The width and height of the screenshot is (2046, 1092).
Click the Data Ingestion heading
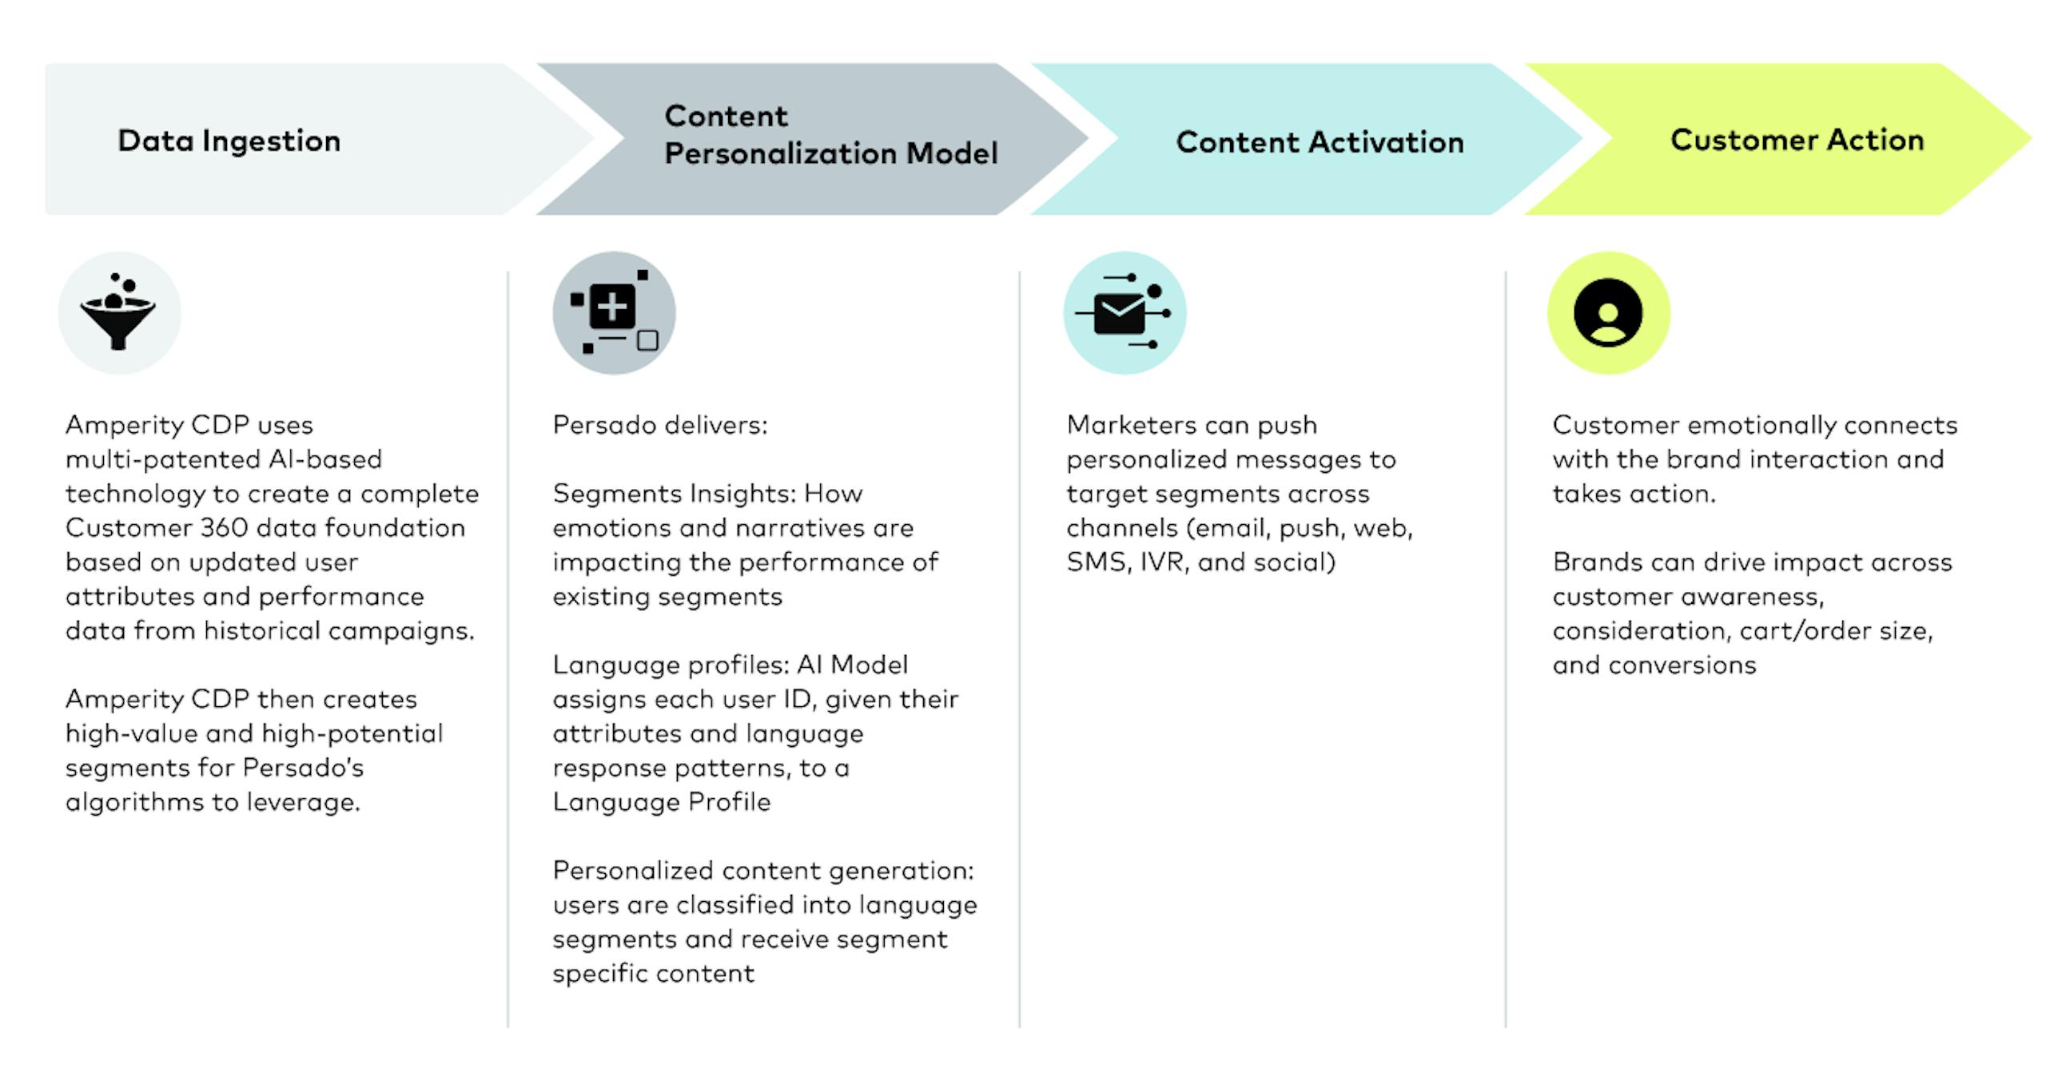tap(229, 141)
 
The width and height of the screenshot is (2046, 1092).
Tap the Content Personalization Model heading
tap(830, 134)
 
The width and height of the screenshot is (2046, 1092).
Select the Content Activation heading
tap(1320, 142)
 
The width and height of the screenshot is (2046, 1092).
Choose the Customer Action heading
tap(1797, 140)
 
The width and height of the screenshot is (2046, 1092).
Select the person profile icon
tap(1608, 312)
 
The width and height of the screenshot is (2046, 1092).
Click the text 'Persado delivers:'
tap(659, 425)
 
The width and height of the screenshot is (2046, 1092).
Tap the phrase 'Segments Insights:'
tap(675, 494)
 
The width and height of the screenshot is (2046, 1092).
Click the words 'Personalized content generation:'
tap(763, 870)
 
